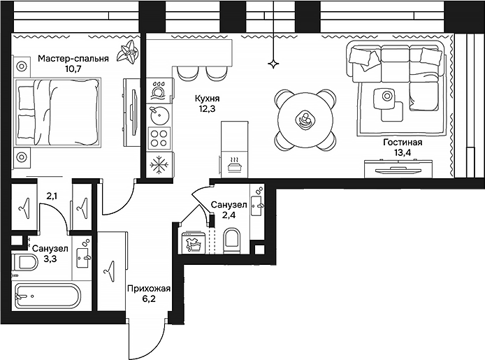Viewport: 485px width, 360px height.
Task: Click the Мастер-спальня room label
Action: pyautogui.click(x=73, y=59)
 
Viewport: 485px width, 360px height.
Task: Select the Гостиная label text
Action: pyautogui.click(x=402, y=142)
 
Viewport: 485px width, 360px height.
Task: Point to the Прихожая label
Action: pyautogui.click(x=149, y=287)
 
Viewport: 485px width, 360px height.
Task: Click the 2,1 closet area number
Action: pyautogui.click(x=52, y=196)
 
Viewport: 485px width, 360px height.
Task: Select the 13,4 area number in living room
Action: pyautogui.click(x=402, y=153)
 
